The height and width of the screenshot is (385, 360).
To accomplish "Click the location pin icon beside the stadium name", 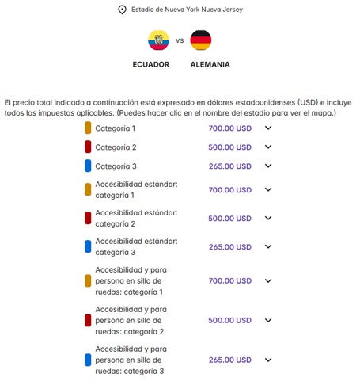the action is [x=122, y=10].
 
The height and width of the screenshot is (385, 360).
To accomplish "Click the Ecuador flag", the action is [x=158, y=40].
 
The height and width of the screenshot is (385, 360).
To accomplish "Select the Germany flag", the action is [x=201, y=40].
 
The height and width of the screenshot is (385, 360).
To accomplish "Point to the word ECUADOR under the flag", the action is [x=150, y=65].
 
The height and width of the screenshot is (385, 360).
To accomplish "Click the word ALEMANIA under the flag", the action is [x=210, y=65].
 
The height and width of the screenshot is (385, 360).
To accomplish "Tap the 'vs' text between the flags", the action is [x=180, y=40].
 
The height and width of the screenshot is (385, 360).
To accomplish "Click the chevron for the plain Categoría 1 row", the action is [x=268, y=128].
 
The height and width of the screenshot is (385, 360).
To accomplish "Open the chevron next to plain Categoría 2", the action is [x=268, y=147].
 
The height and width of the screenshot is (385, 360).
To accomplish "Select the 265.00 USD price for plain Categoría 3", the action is [x=230, y=166].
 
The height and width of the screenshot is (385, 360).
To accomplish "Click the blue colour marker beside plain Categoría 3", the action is [x=89, y=166].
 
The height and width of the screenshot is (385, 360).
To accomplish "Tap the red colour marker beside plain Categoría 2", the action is [x=89, y=147].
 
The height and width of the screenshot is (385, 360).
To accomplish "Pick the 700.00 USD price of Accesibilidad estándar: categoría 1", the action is [x=230, y=190].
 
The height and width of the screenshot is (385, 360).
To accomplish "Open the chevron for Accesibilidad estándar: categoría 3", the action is [x=268, y=247].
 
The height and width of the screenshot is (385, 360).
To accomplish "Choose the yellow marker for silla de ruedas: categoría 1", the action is [x=89, y=281].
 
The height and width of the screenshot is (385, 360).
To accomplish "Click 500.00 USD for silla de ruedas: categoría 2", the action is [x=230, y=321].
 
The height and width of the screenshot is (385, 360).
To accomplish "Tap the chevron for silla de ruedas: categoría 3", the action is [x=268, y=360].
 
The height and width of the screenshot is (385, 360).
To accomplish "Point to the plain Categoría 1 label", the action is [x=116, y=128].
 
